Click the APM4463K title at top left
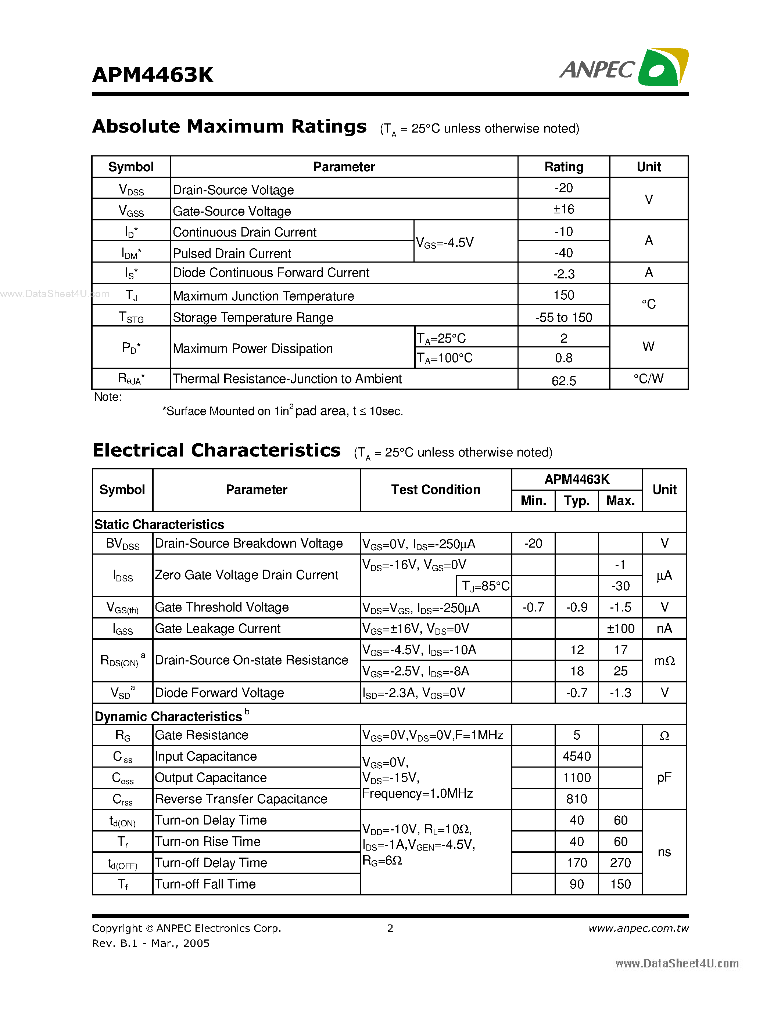coord(153,75)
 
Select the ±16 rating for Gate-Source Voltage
coord(563,209)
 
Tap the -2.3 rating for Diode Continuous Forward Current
coord(563,274)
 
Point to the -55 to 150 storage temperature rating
coord(563,317)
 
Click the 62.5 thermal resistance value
coord(563,380)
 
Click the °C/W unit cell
coord(648,379)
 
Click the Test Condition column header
coord(436,490)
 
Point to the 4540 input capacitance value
coord(577,757)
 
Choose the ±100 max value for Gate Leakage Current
coord(620,628)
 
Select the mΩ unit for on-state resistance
coord(664,661)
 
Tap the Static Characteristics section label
coord(159,524)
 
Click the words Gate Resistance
coord(201,735)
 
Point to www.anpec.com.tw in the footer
coord(638,928)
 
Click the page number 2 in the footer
coord(390,928)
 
